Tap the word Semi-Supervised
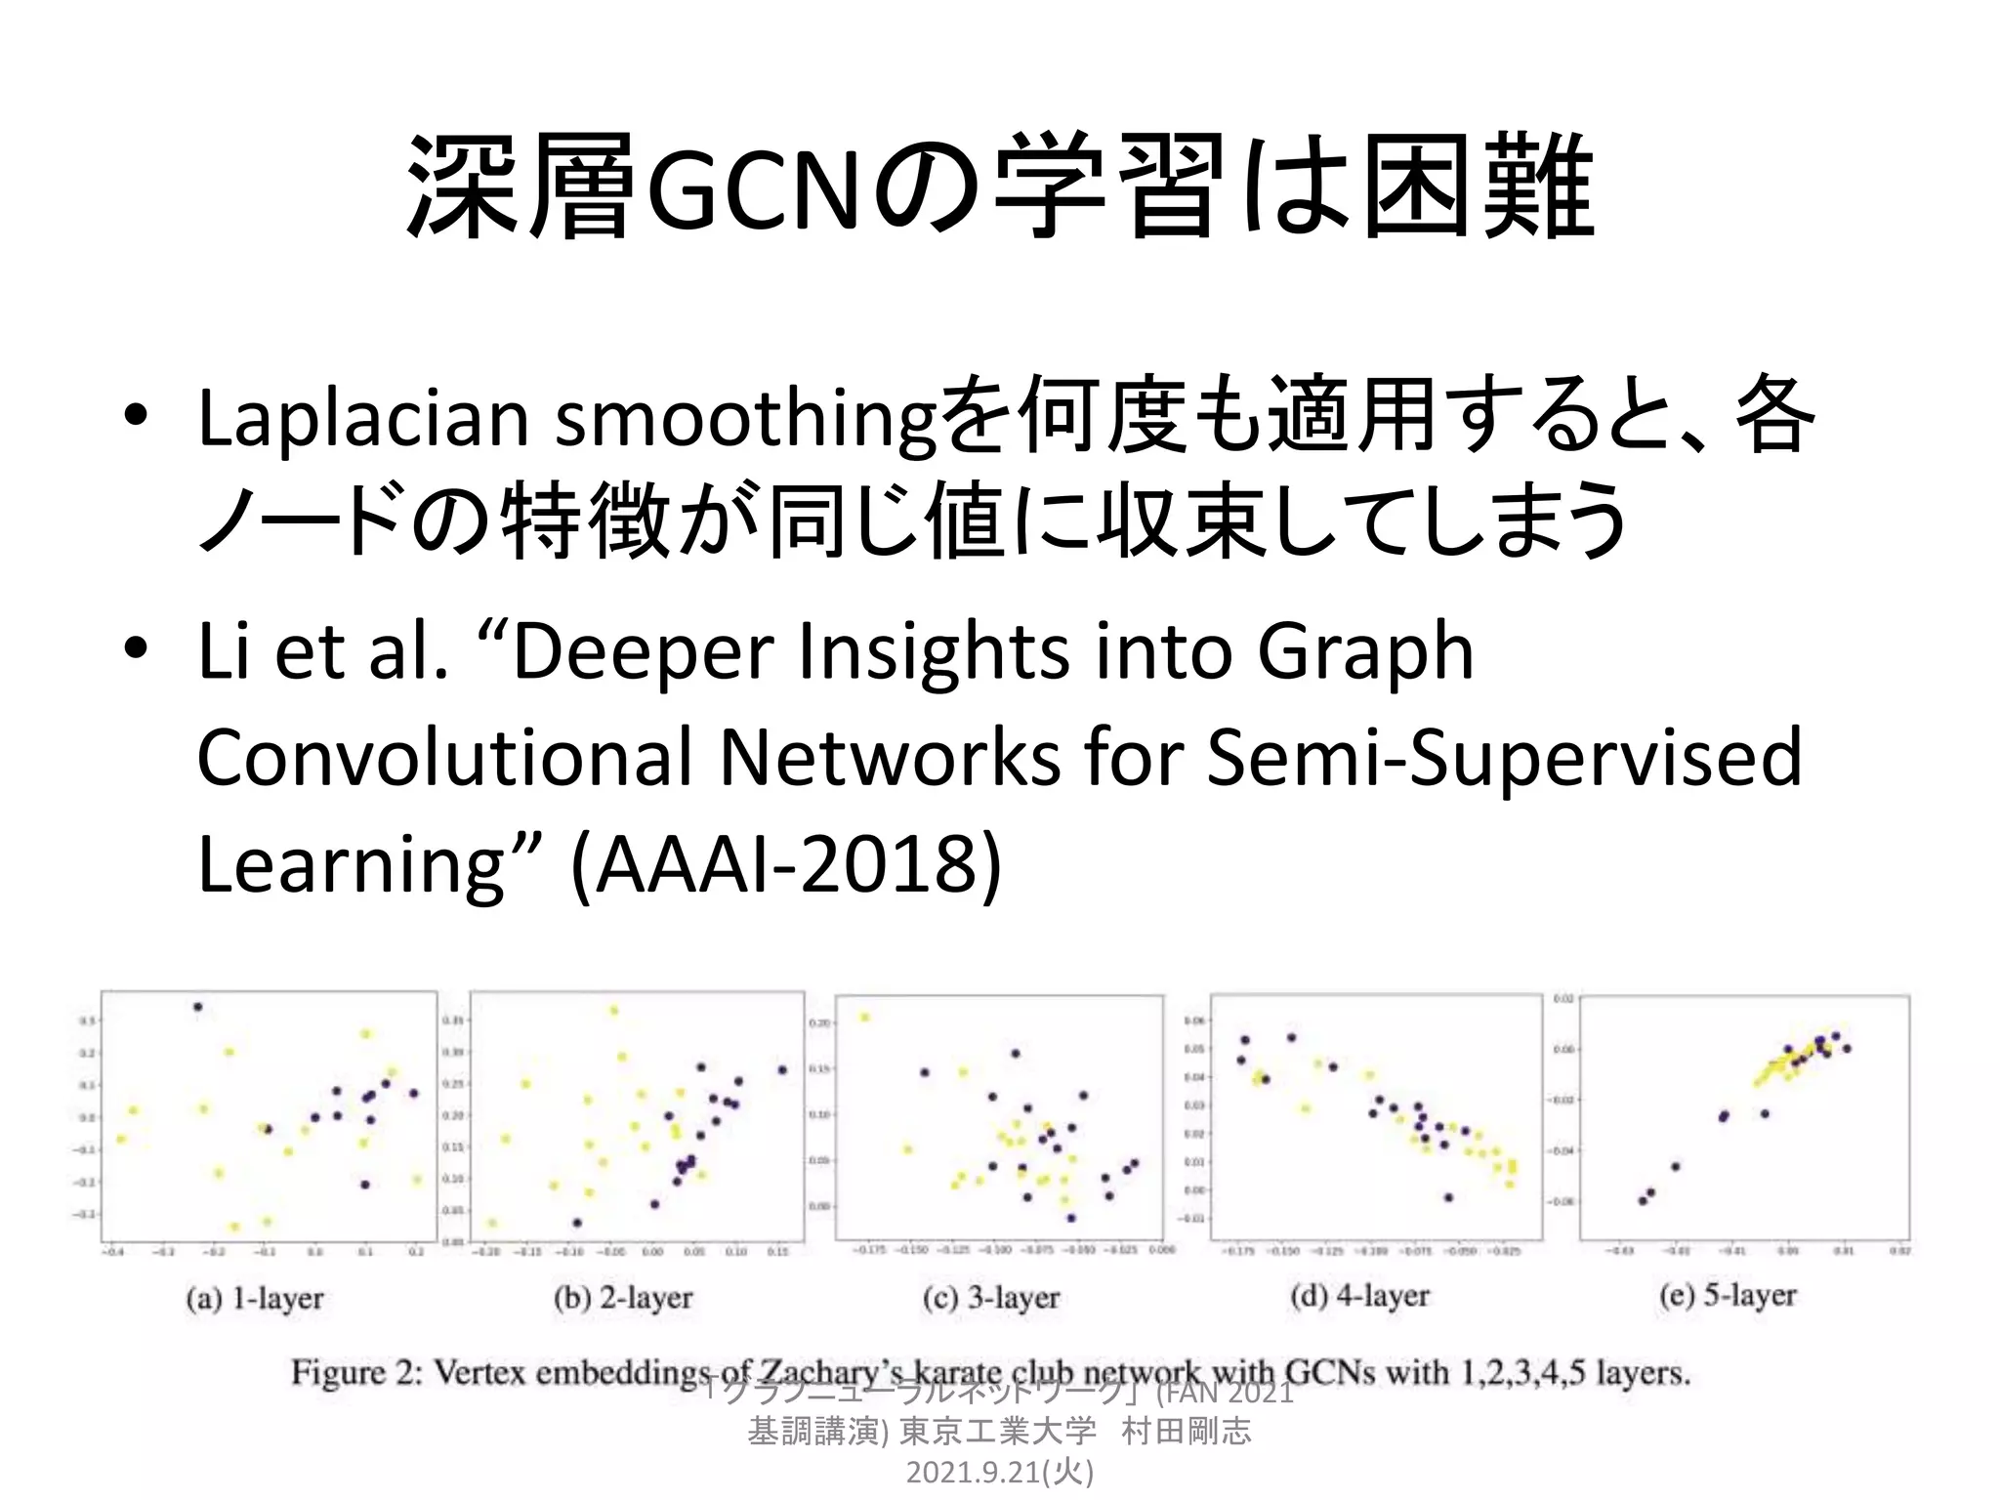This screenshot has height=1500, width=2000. coord(1504,758)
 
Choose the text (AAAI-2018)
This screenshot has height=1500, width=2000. coord(786,863)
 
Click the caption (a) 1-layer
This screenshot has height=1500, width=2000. coord(255,1299)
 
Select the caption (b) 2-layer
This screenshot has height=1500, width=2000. coord(623,1298)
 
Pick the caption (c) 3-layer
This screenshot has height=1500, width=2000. coord(991,1298)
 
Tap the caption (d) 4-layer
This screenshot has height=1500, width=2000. coord(1359,1297)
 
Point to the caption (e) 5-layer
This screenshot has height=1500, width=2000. coord(1728,1296)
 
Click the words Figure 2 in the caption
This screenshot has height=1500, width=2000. coord(355,1373)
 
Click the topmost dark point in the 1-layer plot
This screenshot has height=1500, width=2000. coord(198,1007)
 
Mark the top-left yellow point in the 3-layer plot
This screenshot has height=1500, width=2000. coord(864,1018)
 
